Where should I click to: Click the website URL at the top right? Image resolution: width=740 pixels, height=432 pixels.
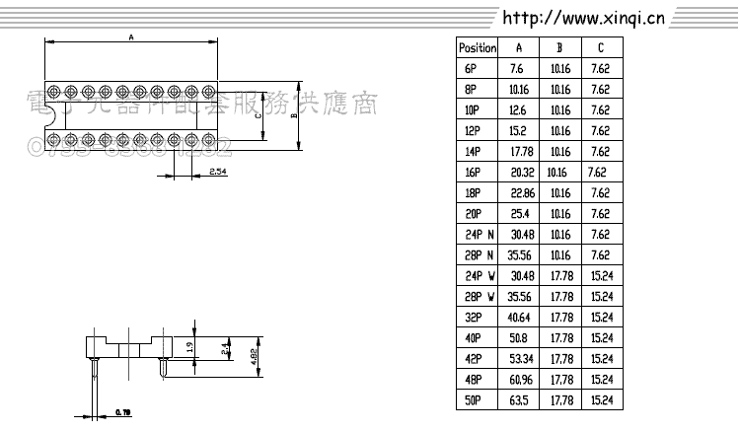click(x=585, y=18)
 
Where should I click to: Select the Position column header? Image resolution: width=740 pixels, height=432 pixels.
click(x=478, y=47)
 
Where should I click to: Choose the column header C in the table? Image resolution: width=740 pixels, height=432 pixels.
click(x=601, y=47)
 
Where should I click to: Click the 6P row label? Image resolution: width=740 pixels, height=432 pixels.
click(x=471, y=69)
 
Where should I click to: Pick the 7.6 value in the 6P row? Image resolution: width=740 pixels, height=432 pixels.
click(x=517, y=69)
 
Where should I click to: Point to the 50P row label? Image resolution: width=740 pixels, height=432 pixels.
click(x=473, y=400)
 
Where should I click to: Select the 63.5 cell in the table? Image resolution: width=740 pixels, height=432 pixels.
click(x=519, y=400)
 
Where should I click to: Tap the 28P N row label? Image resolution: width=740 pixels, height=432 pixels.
click(x=479, y=255)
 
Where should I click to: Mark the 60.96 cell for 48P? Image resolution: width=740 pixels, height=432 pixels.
click(x=519, y=380)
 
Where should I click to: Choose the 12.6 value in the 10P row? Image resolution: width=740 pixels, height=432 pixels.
click(x=519, y=110)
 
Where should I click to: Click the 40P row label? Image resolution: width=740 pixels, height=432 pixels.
click(x=473, y=338)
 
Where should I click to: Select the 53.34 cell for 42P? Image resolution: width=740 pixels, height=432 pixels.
click(x=519, y=359)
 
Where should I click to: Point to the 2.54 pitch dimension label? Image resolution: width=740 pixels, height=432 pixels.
click(x=219, y=172)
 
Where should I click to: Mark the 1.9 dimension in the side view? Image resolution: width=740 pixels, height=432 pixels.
click(x=189, y=347)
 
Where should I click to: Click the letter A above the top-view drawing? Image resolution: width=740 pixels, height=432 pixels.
click(x=131, y=36)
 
